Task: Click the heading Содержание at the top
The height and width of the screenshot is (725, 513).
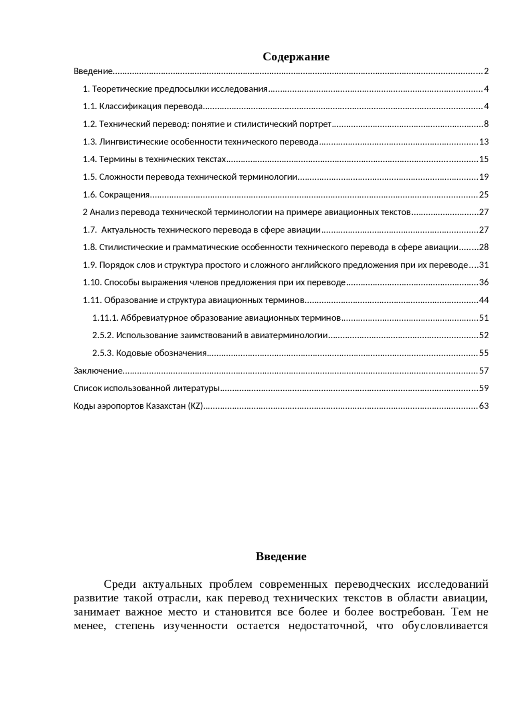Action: tap(296, 57)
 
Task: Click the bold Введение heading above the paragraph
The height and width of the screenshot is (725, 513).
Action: tap(281, 556)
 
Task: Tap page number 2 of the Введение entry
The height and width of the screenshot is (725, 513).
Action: tap(486, 71)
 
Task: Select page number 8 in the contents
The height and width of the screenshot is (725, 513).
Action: tap(486, 124)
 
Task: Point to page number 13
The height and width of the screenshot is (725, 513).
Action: tap(484, 142)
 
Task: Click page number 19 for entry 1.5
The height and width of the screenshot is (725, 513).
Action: tap(484, 177)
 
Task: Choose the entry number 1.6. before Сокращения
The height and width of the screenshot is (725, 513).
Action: tap(90, 195)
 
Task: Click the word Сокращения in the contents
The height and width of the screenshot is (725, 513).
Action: tap(124, 195)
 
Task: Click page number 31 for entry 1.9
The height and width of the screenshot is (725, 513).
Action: tap(484, 265)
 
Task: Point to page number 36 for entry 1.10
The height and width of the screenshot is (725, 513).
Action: tap(484, 282)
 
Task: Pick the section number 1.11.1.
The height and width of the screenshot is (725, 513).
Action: tap(105, 318)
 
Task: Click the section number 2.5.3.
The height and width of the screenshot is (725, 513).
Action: tap(103, 353)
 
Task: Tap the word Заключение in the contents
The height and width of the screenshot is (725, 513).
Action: tap(98, 371)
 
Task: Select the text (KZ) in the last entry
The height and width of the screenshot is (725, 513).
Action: tap(196, 406)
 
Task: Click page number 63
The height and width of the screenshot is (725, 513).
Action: tap(484, 406)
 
